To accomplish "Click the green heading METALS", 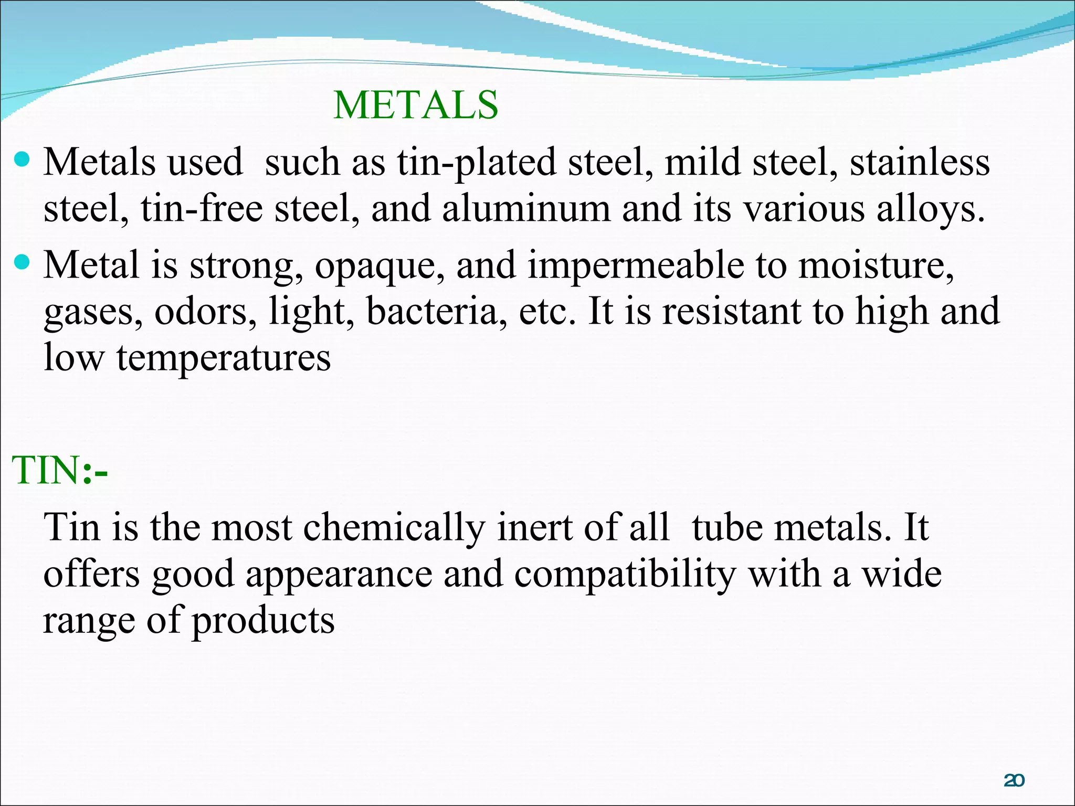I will [415, 105].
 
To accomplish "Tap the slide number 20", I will [1014, 781].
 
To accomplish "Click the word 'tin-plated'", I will [476, 163].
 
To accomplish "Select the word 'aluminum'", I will [526, 209].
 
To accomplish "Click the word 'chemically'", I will [394, 528].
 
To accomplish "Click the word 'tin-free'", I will [201, 209].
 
